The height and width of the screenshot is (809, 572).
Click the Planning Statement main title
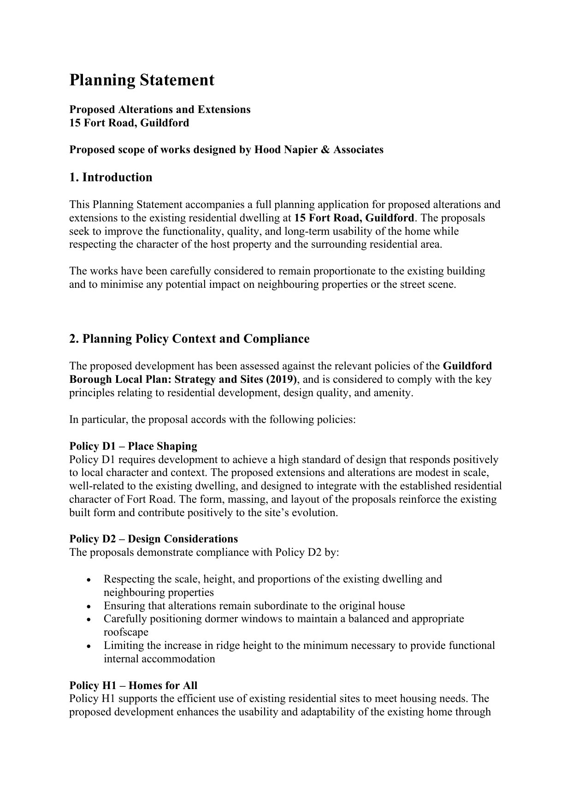pyautogui.click(x=142, y=80)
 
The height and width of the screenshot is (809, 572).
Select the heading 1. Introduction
pyautogui.click(x=111, y=178)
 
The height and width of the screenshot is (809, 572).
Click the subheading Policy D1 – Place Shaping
pyautogui.click(x=133, y=446)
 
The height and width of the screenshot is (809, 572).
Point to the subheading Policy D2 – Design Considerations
pyautogui.click(x=153, y=539)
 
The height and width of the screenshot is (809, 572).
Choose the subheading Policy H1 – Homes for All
pyautogui.click(x=133, y=685)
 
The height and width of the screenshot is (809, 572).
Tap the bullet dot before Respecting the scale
pyautogui.click(x=88, y=580)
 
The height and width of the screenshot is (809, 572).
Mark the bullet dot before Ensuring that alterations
pyautogui.click(x=88, y=606)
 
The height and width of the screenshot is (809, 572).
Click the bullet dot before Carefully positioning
pyautogui.click(x=88, y=619)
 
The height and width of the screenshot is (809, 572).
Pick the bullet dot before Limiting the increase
pyautogui.click(x=88, y=646)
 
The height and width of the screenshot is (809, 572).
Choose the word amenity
pyautogui.click(x=395, y=393)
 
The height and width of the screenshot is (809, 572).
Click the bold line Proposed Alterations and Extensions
pyautogui.click(x=159, y=109)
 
